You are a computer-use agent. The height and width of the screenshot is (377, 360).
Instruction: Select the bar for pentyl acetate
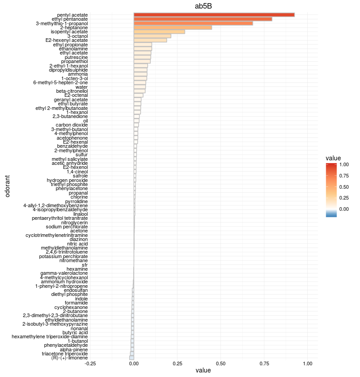click(x=214, y=15)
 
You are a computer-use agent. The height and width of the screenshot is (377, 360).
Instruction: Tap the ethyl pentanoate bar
click(x=203, y=19)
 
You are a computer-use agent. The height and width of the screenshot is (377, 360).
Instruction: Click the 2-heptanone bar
click(x=173, y=27)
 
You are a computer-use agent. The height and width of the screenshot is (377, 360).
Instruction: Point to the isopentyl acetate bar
click(x=159, y=32)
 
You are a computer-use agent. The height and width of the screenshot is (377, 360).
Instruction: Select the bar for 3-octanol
click(x=153, y=36)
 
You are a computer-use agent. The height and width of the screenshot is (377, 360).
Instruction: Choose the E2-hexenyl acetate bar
click(x=150, y=40)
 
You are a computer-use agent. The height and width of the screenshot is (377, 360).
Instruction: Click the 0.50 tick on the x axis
click(x=221, y=363)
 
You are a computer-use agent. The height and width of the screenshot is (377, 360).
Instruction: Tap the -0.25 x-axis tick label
click(x=90, y=363)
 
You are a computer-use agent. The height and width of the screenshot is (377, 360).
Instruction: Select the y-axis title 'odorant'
click(x=8, y=186)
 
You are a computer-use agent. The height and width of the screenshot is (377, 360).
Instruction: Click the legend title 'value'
click(x=333, y=158)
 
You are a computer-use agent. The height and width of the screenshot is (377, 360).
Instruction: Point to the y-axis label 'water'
click(x=81, y=87)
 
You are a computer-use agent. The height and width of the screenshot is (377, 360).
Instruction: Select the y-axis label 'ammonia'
click(x=78, y=74)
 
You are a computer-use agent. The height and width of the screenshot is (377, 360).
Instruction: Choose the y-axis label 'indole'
click(x=81, y=299)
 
